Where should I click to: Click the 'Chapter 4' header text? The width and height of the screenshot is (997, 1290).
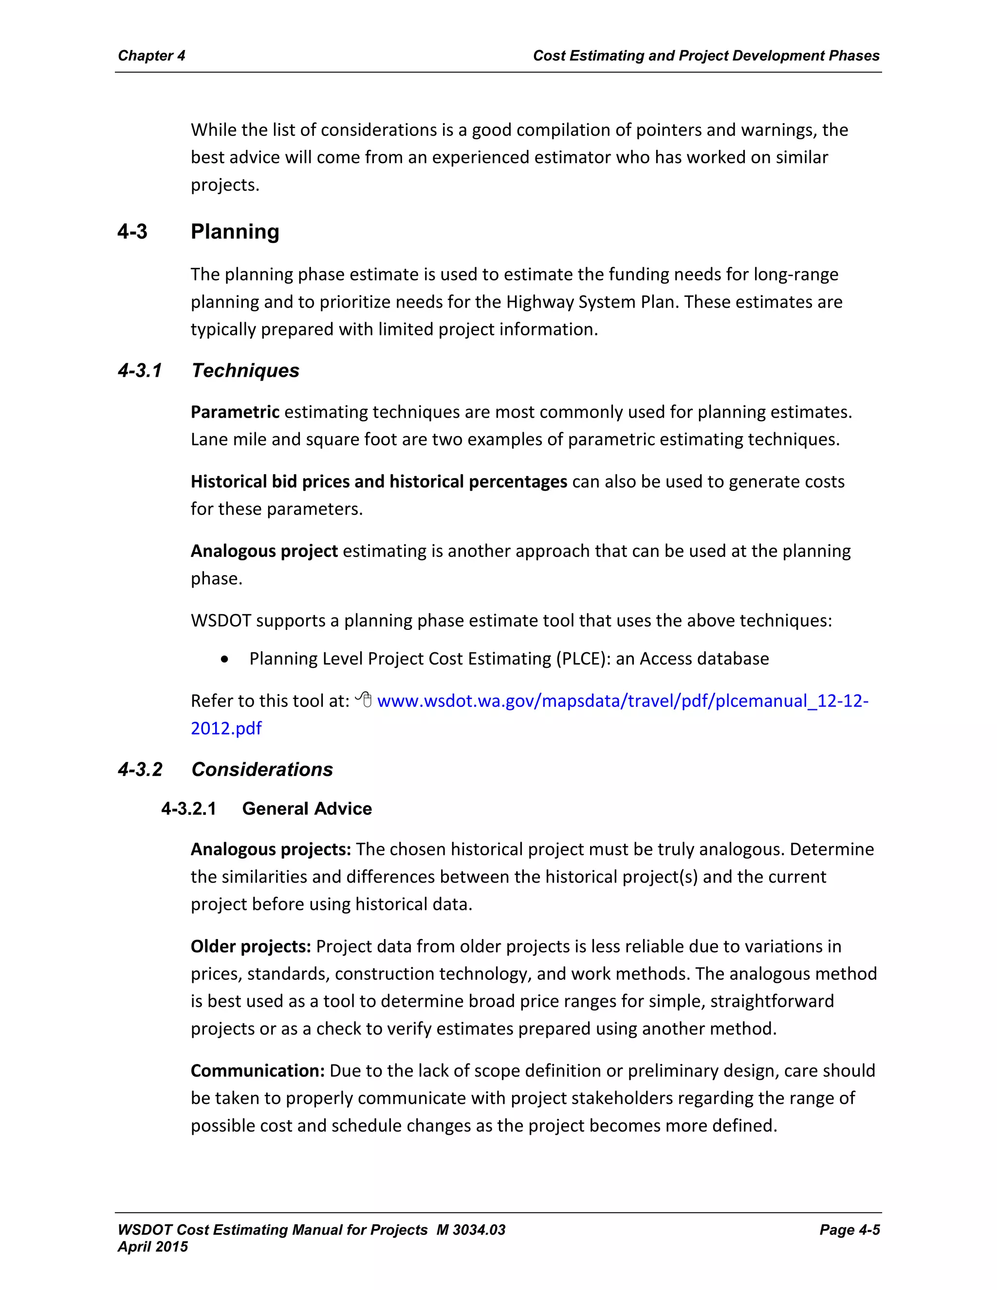(x=151, y=55)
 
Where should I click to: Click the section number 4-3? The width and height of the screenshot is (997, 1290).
(x=132, y=232)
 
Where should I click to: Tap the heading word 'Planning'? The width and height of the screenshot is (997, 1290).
(x=235, y=232)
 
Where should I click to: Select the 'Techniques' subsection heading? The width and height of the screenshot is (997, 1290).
(x=245, y=370)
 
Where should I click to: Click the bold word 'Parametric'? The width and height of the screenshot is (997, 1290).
(x=235, y=412)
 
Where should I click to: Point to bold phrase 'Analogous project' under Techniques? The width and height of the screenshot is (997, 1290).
(x=264, y=551)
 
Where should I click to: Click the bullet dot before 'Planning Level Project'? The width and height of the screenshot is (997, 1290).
(x=224, y=659)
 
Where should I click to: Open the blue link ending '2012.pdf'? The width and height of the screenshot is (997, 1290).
(x=226, y=728)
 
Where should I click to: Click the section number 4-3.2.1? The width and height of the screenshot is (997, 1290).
(x=188, y=809)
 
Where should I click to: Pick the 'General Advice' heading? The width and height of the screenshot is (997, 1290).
(x=307, y=809)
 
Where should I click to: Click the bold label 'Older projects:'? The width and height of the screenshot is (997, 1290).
(x=250, y=946)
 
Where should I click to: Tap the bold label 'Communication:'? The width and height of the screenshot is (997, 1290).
(x=258, y=1071)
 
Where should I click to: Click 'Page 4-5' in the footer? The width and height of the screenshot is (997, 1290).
(x=849, y=1230)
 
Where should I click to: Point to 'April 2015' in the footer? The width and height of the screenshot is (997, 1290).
(x=152, y=1247)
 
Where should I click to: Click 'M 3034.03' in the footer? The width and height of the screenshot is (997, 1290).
(x=471, y=1230)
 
